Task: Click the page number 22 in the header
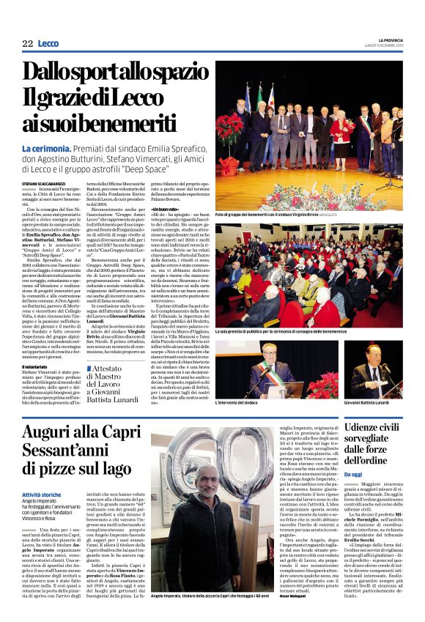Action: [28, 45]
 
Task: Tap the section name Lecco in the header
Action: [48, 45]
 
